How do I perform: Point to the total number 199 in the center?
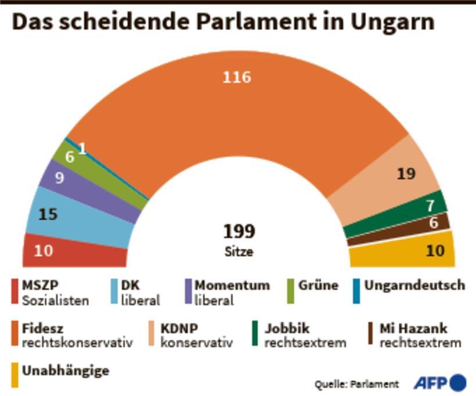click(x=239, y=232)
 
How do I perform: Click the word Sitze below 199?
click(x=239, y=252)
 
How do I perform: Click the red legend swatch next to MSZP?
click(x=15, y=291)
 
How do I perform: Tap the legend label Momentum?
click(x=232, y=285)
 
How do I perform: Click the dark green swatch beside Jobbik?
click(x=255, y=334)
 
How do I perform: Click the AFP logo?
click(x=439, y=383)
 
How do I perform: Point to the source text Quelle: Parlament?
click(x=357, y=384)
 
